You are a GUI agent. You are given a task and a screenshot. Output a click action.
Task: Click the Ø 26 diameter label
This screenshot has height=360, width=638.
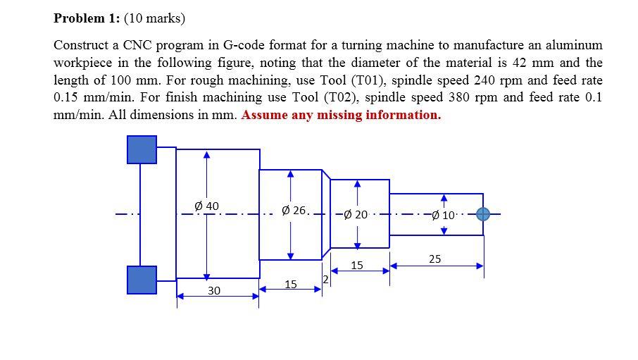(294, 210)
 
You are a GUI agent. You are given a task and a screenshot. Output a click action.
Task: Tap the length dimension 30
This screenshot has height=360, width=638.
(214, 290)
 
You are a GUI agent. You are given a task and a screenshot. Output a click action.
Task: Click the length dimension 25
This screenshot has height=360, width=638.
(434, 259)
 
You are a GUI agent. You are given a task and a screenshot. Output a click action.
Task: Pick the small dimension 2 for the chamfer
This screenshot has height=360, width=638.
(325, 280)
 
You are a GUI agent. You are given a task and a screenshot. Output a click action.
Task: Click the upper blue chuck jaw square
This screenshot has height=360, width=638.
(142, 149)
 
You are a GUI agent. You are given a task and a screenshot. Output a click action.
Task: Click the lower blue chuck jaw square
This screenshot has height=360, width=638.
(142, 279)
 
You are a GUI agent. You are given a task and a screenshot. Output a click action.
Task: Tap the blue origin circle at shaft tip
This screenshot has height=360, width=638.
(483, 213)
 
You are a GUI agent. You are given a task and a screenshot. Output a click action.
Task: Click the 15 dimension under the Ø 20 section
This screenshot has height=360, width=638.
(357, 266)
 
